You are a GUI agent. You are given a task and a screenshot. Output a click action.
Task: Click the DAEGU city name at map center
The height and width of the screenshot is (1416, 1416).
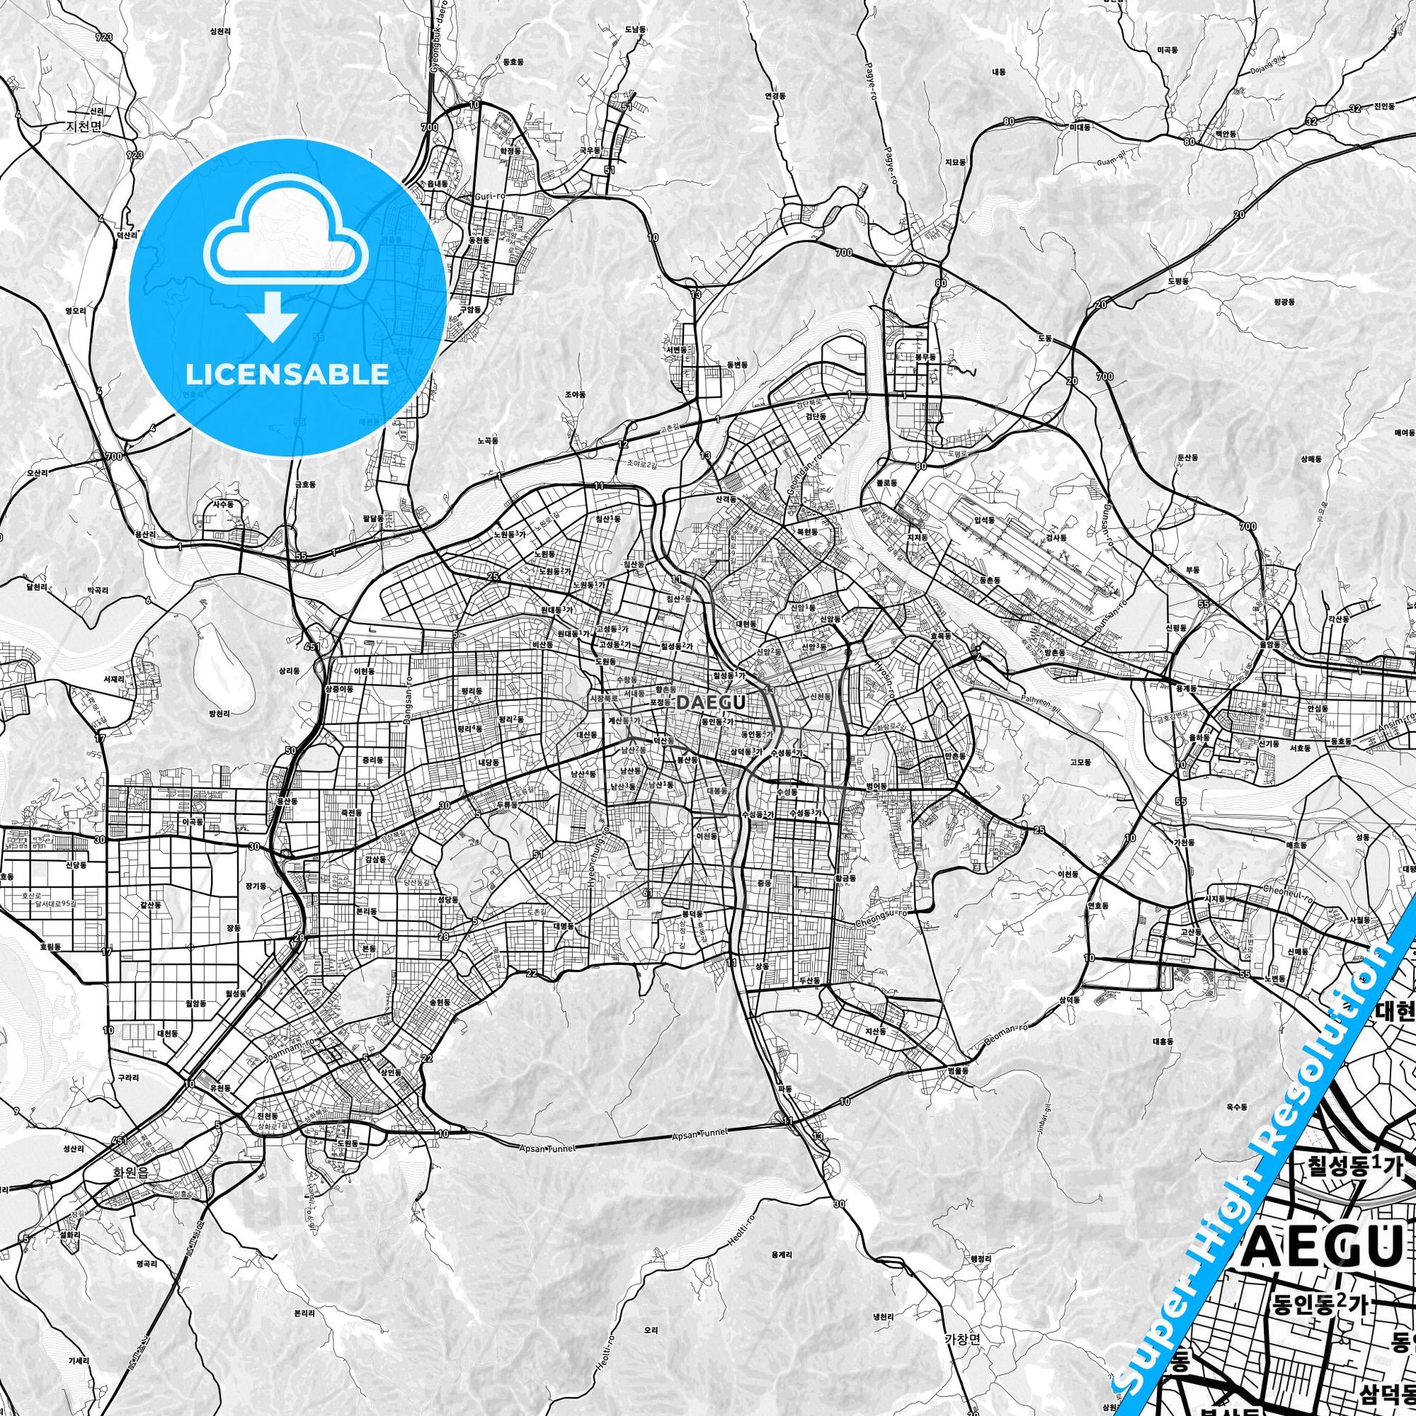712,701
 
